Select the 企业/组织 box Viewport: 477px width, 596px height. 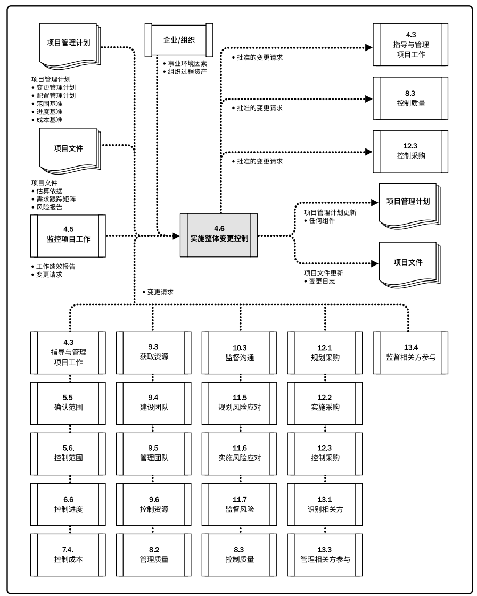pyautogui.click(x=179, y=39)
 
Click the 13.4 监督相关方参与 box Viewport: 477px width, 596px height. pyautogui.click(x=410, y=352)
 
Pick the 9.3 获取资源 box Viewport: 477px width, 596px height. pyautogui.click(x=153, y=352)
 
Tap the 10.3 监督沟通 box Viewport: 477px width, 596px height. pyautogui.click(x=240, y=352)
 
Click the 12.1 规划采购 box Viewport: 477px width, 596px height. pyautogui.click(x=325, y=352)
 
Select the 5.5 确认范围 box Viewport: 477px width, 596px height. pyautogui.click(x=68, y=402)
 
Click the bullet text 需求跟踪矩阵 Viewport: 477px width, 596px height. pyautogui.click(x=53, y=199)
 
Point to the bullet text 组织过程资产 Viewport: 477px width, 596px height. pyautogui.click(x=188, y=71)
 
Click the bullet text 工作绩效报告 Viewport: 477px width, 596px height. pyautogui.click(x=56, y=266)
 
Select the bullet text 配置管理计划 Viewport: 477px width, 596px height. pyautogui.click(x=56, y=96)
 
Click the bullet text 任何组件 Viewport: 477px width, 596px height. pyautogui.click(x=322, y=220)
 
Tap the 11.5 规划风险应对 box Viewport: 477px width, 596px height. pyautogui.click(x=240, y=402)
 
